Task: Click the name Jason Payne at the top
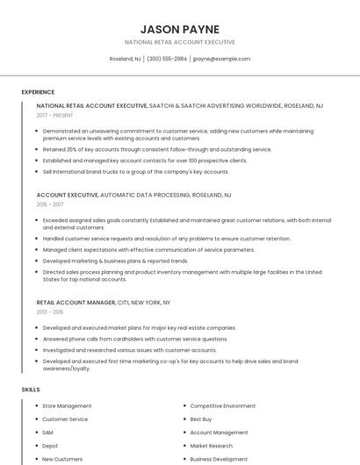click(x=179, y=29)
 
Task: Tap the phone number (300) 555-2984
click(x=167, y=59)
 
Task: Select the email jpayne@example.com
click(x=221, y=59)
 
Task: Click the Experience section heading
click(x=38, y=91)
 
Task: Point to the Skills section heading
click(x=30, y=389)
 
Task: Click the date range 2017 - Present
click(x=54, y=115)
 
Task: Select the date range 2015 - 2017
click(x=50, y=204)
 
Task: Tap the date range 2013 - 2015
click(x=50, y=311)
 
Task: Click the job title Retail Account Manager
click(x=76, y=302)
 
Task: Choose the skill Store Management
click(x=67, y=406)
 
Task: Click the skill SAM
click(x=47, y=433)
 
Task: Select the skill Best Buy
click(x=201, y=419)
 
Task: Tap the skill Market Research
click(x=212, y=446)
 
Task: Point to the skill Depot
click(x=50, y=446)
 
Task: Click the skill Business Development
click(x=219, y=459)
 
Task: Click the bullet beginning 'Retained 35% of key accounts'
click(x=145, y=149)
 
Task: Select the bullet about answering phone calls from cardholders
click(x=135, y=339)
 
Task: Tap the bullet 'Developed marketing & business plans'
click(x=115, y=261)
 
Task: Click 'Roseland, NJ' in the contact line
click(x=125, y=59)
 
